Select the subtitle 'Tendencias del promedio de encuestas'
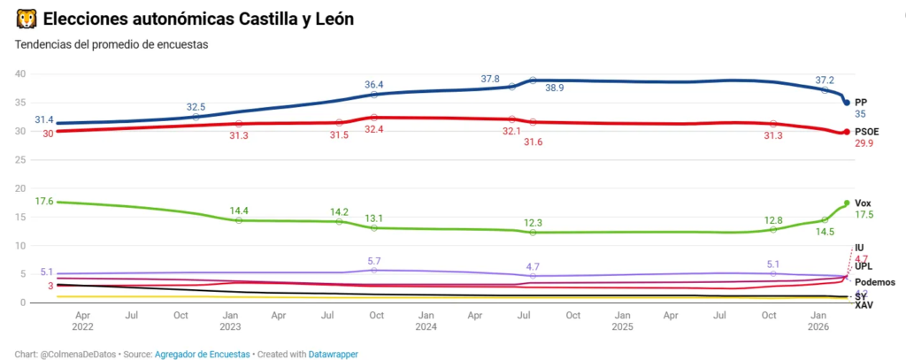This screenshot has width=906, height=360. [111, 44]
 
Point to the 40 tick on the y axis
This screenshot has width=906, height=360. [20, 73]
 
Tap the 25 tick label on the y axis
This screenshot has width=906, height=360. [20, 159]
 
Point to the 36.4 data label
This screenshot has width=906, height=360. [374, 84]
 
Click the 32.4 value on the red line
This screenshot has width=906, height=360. [374, 129]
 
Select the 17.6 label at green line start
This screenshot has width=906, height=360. [44, 202]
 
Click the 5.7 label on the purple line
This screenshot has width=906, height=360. [374, 261]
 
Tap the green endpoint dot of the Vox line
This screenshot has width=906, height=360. [847, 203]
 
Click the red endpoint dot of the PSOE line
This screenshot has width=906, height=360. [847, 132]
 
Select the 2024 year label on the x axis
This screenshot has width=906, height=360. [426, 325]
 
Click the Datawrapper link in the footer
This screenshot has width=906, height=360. [333, 353]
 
